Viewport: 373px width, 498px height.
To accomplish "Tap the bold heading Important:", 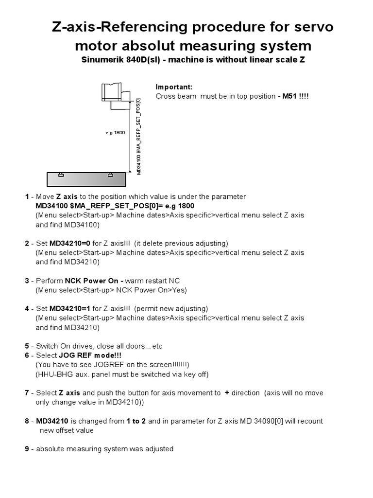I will [174, 87].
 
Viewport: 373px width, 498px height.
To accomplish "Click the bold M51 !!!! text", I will [294, 96].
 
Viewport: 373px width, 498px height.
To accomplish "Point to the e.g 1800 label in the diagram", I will [116, 133].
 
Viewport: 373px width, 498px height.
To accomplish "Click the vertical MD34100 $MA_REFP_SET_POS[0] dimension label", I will [139, 136].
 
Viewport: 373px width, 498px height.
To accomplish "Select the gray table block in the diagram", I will [86, 179].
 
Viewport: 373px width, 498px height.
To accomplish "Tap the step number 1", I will [27, 197].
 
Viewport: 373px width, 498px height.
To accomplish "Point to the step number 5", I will [27, 346].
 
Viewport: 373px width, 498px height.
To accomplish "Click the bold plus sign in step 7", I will [227, 392].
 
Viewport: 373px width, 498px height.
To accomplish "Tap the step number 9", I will [27, 449].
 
